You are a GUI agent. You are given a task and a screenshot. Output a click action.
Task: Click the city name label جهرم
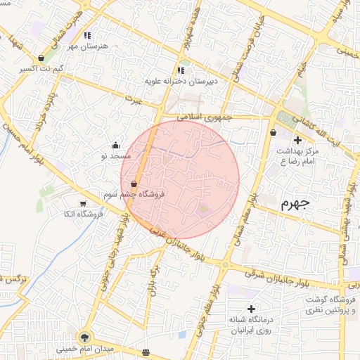(295, 205)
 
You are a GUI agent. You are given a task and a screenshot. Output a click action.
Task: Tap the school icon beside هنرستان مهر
(87, 34)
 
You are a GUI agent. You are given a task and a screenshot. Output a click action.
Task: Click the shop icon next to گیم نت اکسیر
(41, 58)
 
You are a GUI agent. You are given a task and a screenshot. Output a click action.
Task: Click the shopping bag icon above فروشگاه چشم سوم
(134, 184)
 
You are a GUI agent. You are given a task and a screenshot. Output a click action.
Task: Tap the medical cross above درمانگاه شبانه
(251, 309)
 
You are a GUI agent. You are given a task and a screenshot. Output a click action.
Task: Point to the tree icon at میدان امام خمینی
(86, 337)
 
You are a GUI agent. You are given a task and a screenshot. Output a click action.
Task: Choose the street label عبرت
(134, 103)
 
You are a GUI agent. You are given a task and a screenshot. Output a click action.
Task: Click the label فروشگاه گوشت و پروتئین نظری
(331, 305)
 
